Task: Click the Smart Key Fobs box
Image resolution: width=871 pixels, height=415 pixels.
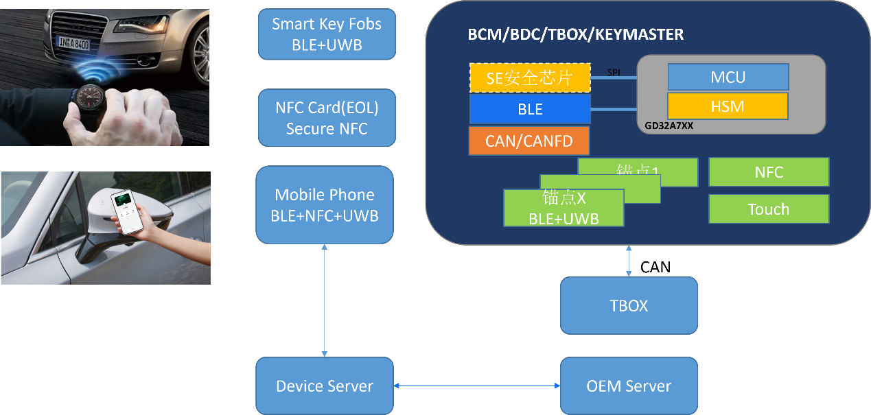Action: pyautogui.click(x=327, y=34)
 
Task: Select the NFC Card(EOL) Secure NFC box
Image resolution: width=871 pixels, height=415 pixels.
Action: pyautogui.click(x=327, y=118)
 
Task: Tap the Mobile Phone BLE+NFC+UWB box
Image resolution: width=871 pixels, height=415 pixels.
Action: pyautogui.click(x=325, y=204)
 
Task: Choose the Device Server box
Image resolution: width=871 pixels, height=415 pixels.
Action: pyautogui.click(x=325, y=386)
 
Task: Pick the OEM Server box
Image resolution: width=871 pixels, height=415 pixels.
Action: pyautogui.click(x=629, y=386)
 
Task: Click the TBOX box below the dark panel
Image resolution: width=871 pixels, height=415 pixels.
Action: pyautogui.click(x=629, y=305)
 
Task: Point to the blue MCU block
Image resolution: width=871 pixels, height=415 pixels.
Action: pyautogui.click(x=728, y=77)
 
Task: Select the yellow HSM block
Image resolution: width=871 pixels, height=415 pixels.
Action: pyautogui.click(x=728, y=106)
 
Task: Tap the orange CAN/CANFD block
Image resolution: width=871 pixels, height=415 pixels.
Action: pyautogui.click(x=529, y=141)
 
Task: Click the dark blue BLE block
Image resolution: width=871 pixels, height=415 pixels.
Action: pyautogui.click(x=529, y=109)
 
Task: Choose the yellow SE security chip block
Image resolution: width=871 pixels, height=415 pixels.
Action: pyautogui.click(x=529, y=78)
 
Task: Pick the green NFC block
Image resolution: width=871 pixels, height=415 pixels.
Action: pyautogui.click(x=768, y=172)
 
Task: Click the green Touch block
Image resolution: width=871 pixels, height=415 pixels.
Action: pyautogui.click(x=768, y=209)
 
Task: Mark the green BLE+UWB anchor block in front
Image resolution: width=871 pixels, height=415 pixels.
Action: pyautogui.click(x=564, y=209)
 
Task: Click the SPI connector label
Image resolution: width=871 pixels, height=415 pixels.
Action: pyautogui.click(x=614, y=72)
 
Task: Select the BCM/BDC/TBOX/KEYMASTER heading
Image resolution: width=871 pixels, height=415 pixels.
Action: pyautogui.click(x=575, y=34)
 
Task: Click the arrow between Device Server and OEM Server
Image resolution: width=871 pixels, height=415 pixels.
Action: pyautogui.click(x=477, y=386)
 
